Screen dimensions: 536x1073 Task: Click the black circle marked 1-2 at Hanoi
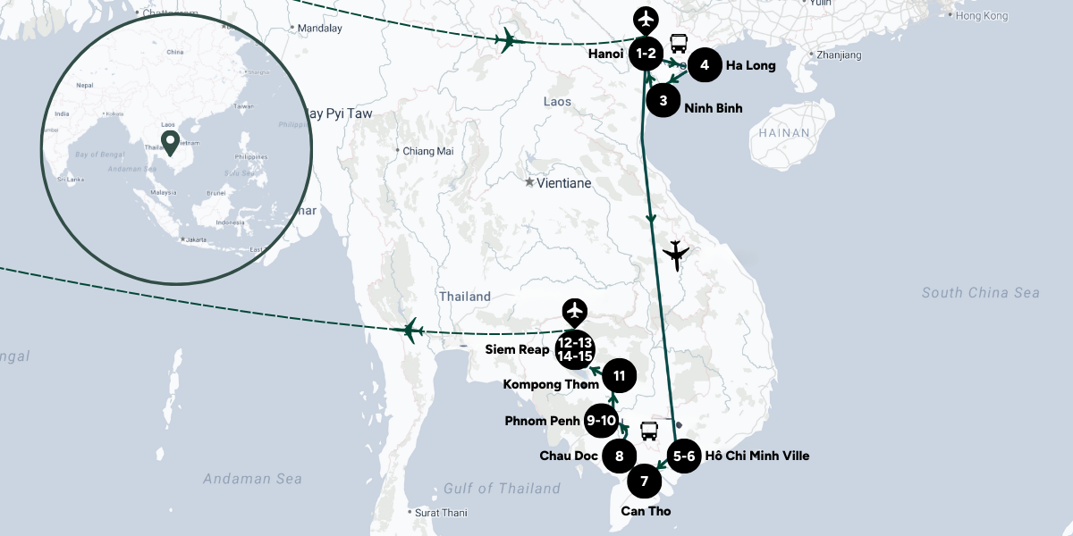[x=646, y=54]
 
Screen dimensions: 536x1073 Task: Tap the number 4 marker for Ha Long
[x=705, y=65]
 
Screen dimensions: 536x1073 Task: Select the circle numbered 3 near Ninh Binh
[x=663, y=101]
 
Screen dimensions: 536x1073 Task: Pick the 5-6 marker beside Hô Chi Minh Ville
[x=684, y=456]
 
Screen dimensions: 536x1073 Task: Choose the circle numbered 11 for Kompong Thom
[x=619, y=375]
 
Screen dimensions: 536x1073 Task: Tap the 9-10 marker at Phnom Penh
[x=601, y=421]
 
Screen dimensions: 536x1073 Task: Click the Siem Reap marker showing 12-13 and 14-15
[x=574, y=349]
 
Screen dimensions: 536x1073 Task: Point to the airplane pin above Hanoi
[x=645, y=18]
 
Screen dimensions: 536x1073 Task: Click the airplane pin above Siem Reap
[x=574, y=310]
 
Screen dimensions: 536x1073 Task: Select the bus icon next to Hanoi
[x=679, y=42]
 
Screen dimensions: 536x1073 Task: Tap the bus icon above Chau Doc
[x=648, y=431]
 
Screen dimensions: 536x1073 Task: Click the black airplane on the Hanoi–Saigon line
[x=677, y=255]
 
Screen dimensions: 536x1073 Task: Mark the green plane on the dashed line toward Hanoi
[x=507, y=39]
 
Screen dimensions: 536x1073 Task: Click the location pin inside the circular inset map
[x=168, y=142]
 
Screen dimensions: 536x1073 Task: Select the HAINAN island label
[x=784, y=133]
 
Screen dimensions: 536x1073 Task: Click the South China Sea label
[x=981, y=293]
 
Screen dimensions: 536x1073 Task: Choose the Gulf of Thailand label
[x=502, y=488]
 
